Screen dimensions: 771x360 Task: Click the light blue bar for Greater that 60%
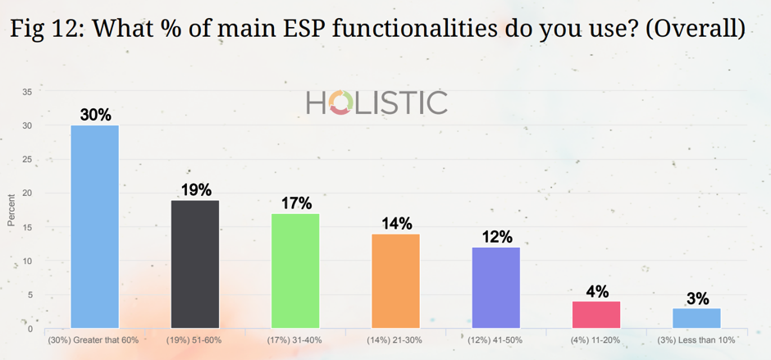click(95, 226)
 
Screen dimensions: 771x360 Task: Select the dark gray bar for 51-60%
click(195, 264)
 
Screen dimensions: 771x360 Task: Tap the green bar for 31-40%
click(295, 271)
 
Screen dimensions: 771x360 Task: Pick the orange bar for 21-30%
click(396, 280)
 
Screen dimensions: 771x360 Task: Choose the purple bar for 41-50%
click(496, 288)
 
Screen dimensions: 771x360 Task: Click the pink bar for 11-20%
click(596, 315)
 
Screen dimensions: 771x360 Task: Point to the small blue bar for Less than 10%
click(696, 318)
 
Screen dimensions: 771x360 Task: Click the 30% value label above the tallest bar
click(95, 116)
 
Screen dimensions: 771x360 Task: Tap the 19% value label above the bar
click(196, 189)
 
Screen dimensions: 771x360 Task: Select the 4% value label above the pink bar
click(597, 291)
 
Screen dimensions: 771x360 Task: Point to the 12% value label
click(496, 237)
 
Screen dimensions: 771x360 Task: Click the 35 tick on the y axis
click(28, 92)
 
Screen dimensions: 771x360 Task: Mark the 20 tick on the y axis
click(28, 194)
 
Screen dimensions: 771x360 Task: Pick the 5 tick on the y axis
click(30, 295)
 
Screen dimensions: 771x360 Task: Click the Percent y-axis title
click(11, 210)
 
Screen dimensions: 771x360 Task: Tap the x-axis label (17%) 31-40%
click(295, 339)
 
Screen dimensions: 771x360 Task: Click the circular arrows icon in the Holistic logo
click(340, 103)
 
